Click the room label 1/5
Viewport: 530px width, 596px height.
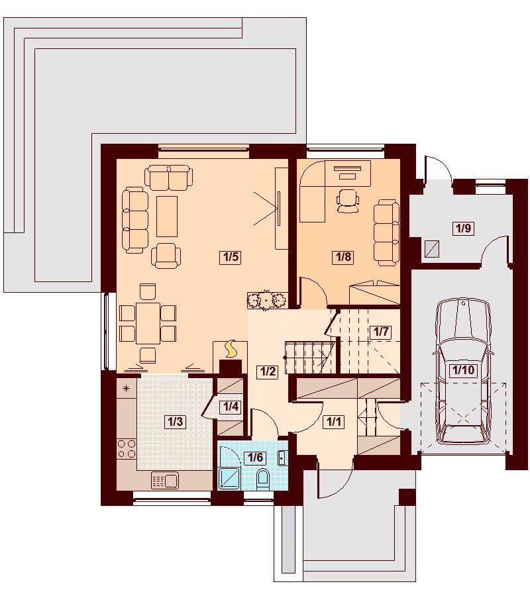click(231, 258)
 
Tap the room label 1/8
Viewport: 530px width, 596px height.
click(343, 258)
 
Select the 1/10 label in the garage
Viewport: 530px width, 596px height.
click(463, 370)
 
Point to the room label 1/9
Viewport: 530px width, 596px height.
click(463, 228)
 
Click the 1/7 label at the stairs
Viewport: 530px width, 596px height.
click(381, 332)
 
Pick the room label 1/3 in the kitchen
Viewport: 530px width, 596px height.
click(176, 422)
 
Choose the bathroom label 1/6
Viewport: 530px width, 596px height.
click(255, 457)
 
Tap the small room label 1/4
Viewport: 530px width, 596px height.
click(231, 407)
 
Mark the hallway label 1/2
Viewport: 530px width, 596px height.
click(268, 372)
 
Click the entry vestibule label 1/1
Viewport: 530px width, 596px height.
click(333, 422)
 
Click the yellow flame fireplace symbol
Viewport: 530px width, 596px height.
click(230, 349)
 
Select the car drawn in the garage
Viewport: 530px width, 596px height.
click(464, 372)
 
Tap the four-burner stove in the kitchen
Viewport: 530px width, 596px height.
click(127, 448)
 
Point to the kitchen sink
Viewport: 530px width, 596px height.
click(165, 480)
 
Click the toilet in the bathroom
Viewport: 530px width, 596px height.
click(263, 479)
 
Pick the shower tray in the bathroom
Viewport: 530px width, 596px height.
click(229, 478)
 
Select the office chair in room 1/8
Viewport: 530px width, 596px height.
click(348, 200)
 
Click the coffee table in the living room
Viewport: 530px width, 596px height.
click(167, 217)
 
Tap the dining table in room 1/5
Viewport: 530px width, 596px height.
click(148, 323)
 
